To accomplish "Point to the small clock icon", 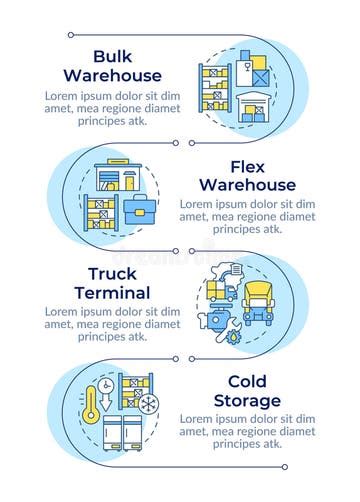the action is coord(105,385).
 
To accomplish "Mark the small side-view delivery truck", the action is coord(221,289).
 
